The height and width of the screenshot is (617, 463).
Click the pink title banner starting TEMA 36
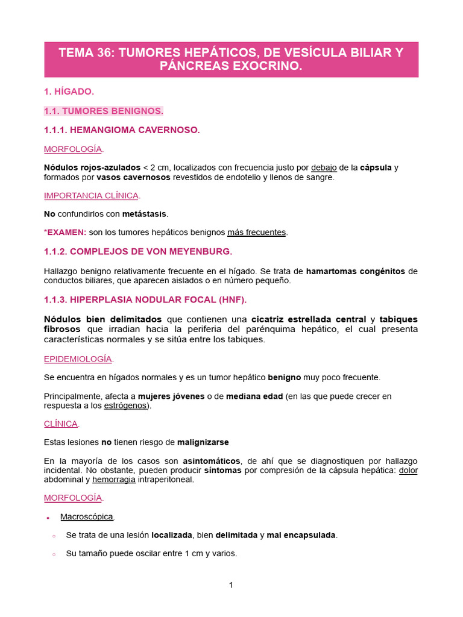click(x=231, y=59)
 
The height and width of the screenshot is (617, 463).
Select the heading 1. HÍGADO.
click(x=69, y=92)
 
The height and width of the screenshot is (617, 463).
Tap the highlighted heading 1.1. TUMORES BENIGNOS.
click(x=104, y=111)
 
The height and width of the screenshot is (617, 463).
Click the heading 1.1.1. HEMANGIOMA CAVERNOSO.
click(x=122, y=130)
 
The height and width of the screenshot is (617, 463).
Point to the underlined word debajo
click(x=325, y=167)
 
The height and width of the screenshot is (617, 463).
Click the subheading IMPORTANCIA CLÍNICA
click(x=91, y=195)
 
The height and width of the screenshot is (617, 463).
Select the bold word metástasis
click(x=145, y=213)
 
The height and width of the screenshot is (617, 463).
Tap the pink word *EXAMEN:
click(x=65, y=232)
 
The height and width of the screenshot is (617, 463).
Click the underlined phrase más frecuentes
click(x=256, y=232)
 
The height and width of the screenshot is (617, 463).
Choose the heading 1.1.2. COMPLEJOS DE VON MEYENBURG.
click(x=138, y=251)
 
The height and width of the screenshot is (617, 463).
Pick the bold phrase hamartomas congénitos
click(x=355, y=271)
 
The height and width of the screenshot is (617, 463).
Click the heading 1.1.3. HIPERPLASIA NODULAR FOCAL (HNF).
click(x=145, y=299)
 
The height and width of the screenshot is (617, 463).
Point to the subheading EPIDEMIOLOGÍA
click(x=78, y=359)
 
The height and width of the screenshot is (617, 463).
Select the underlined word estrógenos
click(x=125, y=406)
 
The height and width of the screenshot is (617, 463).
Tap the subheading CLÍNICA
click(x=61, y=424)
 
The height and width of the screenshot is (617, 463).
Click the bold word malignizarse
click(x=203, y=442)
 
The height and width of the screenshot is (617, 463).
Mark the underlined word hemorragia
click(x=114, y=480)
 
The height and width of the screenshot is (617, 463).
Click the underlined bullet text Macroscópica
click(x=87, y=516)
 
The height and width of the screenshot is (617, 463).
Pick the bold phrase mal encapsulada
click(x=301, y=534)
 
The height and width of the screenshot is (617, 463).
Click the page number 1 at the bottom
click(x=231, y=584)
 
